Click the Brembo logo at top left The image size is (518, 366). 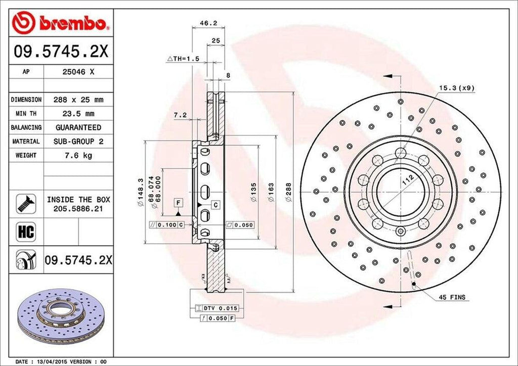pyautogui.click(x=61, y=23)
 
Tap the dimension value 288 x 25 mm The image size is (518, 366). pyautogui.click(x=78, y=100)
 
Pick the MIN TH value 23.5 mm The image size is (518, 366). pyautogui.click(x=78, y=114)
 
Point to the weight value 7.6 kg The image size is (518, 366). pyautogui.click(x=78, y=155)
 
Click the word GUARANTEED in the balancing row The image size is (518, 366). pyautogui.click(x=78, y=127)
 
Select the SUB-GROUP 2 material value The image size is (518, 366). pyautogui.click(x=78, y=142)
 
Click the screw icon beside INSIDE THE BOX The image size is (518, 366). pyautogui.click(x=24, y=203)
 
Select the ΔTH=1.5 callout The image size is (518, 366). pyautogui.click(x=184, y=59)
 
